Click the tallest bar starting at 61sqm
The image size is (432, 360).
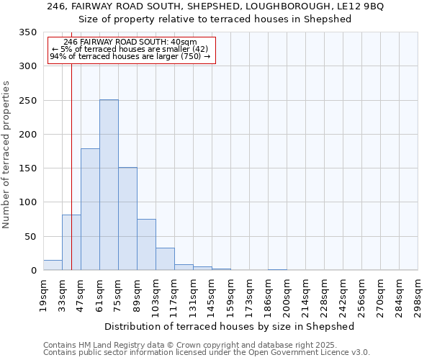(109, 185)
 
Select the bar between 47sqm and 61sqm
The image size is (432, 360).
(90, 210)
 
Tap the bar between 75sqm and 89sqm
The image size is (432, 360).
(127, 219)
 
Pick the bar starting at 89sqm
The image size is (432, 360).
(146, 245)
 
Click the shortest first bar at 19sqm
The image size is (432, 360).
(53, 265)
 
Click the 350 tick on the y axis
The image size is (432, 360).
(28, 32)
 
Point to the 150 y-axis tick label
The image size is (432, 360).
(28, 168)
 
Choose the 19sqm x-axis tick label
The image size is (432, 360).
(44, 295)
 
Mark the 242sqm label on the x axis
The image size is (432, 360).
(343, 295)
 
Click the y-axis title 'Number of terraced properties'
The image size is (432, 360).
(6, 155)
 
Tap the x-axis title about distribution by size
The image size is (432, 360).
(230, 326)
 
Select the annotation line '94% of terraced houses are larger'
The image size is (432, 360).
(130, 56)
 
